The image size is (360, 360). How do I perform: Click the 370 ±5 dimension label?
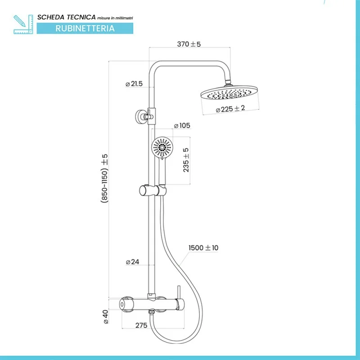point(189,44)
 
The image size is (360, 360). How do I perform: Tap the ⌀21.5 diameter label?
point(134,84)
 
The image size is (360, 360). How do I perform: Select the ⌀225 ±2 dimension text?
point(230,109)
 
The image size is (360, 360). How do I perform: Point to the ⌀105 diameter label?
point(182,125)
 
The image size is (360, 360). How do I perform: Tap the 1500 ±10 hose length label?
point(204,247)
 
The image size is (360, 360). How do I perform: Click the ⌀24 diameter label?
point(132,262)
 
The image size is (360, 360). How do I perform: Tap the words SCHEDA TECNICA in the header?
point(66,17)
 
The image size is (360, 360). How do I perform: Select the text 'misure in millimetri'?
point(115,18)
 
